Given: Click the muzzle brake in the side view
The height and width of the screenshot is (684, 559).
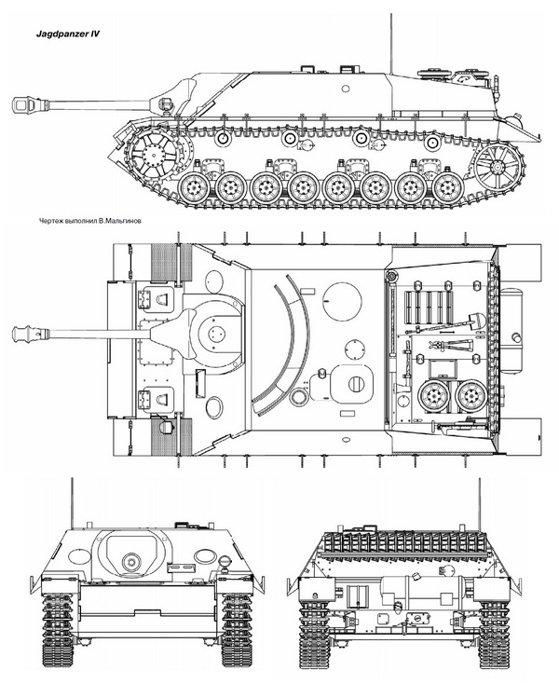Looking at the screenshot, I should click(27, 104).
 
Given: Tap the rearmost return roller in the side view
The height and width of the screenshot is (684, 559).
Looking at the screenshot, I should click(431, 143).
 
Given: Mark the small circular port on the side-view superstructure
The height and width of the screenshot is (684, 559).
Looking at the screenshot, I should click(346, 89).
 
